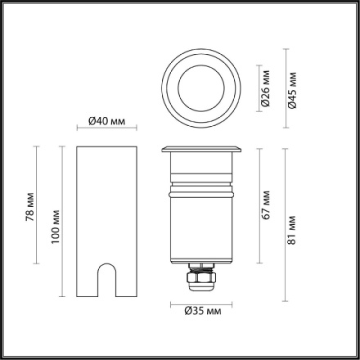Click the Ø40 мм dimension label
tap(106, 122)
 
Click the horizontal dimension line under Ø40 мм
tap(106, 130)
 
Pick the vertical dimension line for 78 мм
tap(38, 205)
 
